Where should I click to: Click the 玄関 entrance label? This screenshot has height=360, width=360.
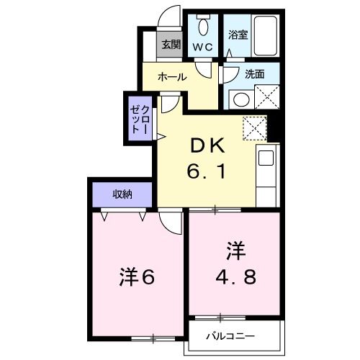pos(171,45)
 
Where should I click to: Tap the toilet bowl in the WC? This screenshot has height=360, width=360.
pos(203,27)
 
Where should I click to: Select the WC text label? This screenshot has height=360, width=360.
pos(203,47)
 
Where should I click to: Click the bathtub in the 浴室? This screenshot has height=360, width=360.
pos(266,36)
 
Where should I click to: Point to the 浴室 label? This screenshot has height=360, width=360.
pos(238,35)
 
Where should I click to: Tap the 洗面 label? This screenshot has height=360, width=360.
pos(255,74)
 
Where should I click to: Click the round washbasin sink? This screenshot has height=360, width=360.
pos(241,99)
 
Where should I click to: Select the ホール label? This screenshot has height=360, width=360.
pos(172,77)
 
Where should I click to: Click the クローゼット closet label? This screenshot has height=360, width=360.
pos(140,120)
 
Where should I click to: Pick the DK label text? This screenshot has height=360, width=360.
pos(208,145)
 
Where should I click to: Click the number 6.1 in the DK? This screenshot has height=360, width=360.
pos(206,171)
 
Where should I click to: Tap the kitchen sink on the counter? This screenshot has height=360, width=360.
pos(266,158)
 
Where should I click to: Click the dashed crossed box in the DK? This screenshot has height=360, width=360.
pos(255,128)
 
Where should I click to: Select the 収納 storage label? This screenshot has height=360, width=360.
pos(122,194)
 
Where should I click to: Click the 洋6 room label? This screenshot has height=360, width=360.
pos(137,277)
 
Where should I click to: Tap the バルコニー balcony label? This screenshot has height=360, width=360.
pos(230,336)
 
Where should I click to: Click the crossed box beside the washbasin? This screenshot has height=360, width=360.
pos(267,97)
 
